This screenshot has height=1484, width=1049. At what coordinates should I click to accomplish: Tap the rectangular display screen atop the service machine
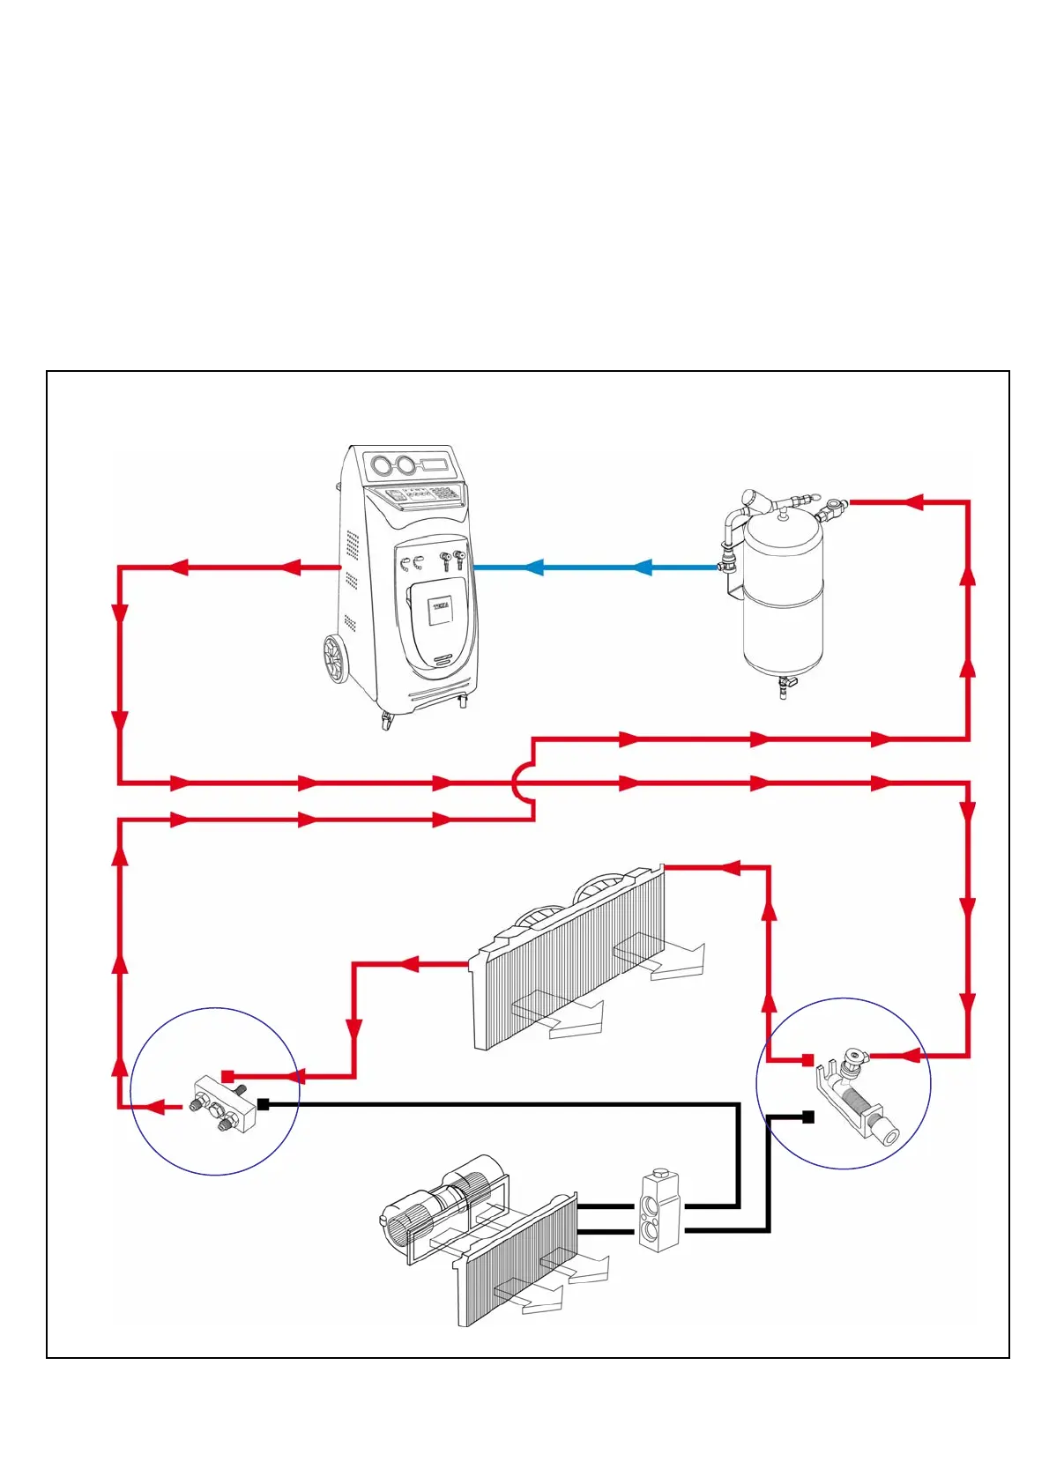pyautogui.click(x=436, y=464)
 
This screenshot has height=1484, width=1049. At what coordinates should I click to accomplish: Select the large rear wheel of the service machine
pyautogui.click(x=335, y=659)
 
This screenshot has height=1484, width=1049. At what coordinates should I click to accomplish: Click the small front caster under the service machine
pyautogui.click(x=386, y=721)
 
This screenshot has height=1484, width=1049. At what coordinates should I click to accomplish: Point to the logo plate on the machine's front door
pyautogui.click(x=440, y=609)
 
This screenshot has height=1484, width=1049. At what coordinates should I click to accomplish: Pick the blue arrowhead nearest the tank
pyautogui.click(x=643, y=568)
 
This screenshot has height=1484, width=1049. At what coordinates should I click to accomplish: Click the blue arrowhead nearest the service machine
pyautogui.click(x=532, y=568)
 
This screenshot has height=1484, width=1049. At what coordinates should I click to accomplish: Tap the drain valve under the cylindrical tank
pyautogui.click(x=784, y=686)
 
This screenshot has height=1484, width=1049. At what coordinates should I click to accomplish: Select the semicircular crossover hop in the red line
pyautogui.click(x=522, y=783)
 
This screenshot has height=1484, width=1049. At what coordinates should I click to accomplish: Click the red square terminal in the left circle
pyautogui.click(x=228, y=1076)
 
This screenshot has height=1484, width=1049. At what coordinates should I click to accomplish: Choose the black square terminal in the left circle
pyautogui.click(x=263, y=1104)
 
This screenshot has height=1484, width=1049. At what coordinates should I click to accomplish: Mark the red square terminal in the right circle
pyautogui.click(x=807, y=1059)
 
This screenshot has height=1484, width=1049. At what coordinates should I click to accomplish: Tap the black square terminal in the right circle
pyautogui.click(x=808, y=1117)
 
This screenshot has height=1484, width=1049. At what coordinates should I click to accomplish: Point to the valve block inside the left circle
pyautogui.click(x=219, y=1102)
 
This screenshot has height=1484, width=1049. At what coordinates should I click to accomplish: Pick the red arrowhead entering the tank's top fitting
pyautogui.click(x=913, y=502)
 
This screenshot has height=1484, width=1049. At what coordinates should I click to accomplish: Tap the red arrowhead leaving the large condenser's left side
pyautogui.click(x=409, y=964)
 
